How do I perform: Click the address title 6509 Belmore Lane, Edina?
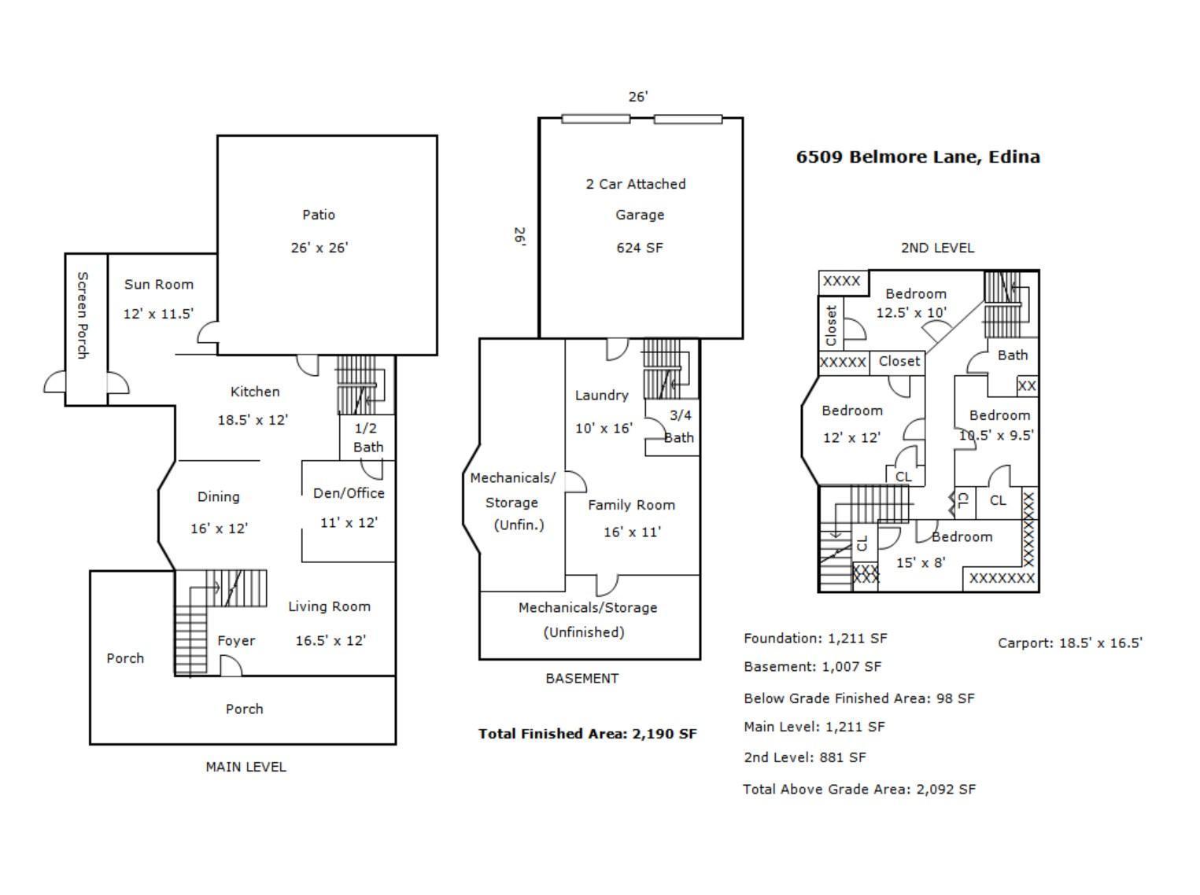[x=918, y=157]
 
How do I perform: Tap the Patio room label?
[x=319, y=215]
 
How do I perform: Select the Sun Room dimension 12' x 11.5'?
[x=158, y=314]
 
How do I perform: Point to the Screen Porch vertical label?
[x=83, y=315]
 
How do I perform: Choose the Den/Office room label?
[x=349, y=493]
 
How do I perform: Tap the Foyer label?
[x=236, y=641]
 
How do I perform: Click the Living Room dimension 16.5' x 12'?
[x=330, y=640]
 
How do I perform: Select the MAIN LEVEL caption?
[x=246, y=767]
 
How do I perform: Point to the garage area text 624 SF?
[x=639, y=248]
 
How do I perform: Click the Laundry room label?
[x=601, y=396]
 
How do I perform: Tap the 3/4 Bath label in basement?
[x=679, y=426]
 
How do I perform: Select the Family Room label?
[x=631, y=505]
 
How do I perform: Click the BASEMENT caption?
[x=582, y=678]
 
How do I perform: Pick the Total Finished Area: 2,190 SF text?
[x=587, y=734]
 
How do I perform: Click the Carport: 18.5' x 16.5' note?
[x=1069, y=643]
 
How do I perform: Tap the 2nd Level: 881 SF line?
[x=804, y=757]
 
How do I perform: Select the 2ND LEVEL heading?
[x=937, y=248]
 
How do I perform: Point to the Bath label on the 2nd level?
[x=1012, y=355]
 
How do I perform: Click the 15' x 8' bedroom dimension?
[x=920, y=563]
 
